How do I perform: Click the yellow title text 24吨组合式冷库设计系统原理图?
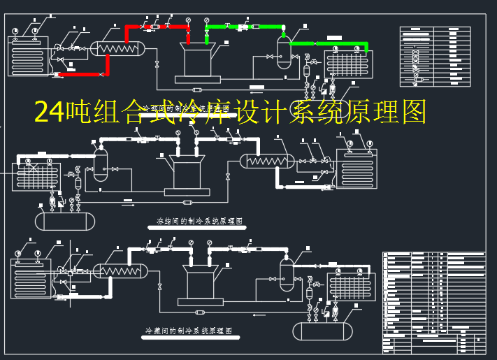pos(230,112)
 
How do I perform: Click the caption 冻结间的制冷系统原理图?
pos(200,221)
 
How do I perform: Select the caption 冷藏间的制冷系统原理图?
pos(188,330)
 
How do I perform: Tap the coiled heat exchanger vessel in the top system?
pos(119,48)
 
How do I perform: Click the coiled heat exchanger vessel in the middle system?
pos(266,161)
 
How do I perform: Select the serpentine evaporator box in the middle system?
pos(356,168)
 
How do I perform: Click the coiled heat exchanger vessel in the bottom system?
pos(120,271)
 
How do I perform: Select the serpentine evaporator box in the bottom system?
pos(31,279)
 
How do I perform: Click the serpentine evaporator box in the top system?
pos(29,56)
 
